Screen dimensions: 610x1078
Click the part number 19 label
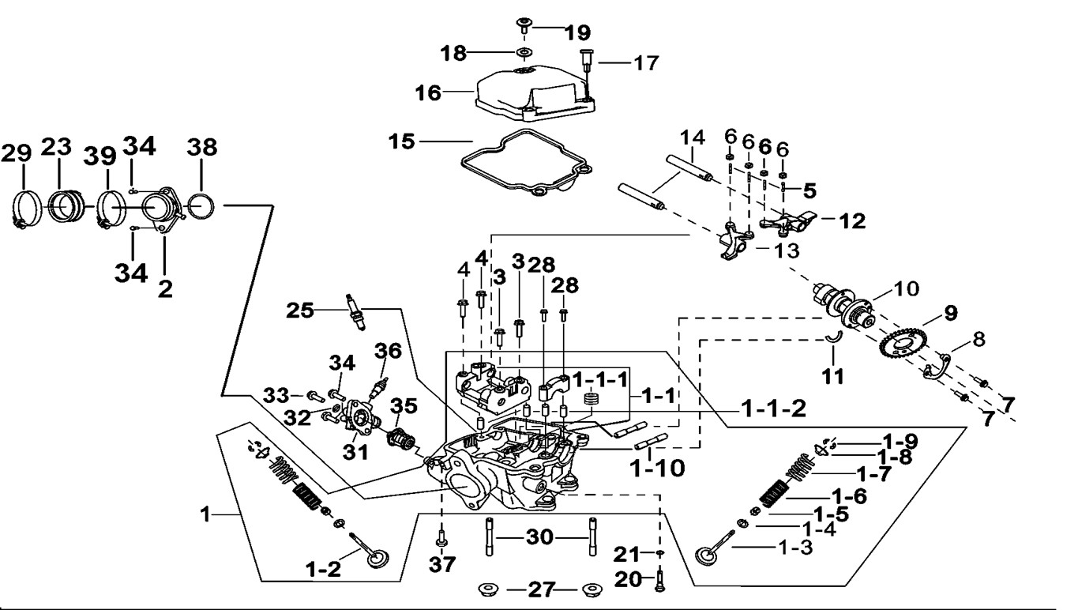coord(577,32)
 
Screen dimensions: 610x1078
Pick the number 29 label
coord(14,152)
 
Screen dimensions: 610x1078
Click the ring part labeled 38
coord(202,207)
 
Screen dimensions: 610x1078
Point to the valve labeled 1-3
coord(710,550)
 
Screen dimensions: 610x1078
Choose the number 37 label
coord(442,566)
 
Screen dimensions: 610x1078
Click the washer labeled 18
coord(522,54)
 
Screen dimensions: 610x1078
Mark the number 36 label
coord(389,349)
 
